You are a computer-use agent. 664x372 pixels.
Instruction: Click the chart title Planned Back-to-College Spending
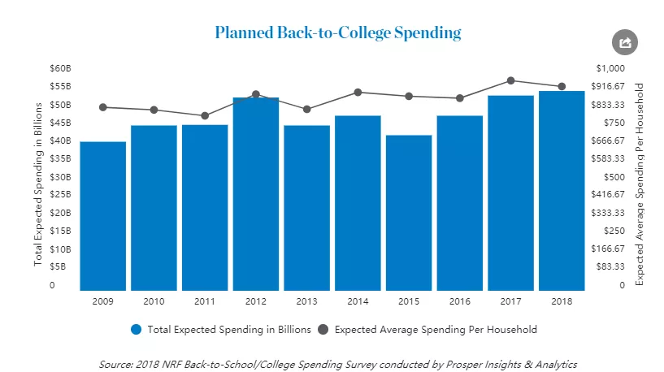[x=337, y=33]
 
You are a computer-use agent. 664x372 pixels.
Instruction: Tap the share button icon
[x=625, y=43]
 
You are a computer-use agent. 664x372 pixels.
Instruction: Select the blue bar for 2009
[x=103, y=215]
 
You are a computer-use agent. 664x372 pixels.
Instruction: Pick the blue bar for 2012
[x=256, y=193]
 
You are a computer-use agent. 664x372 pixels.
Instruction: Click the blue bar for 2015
[x=409, y=212]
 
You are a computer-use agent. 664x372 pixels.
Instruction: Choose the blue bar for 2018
[x=562, y=190]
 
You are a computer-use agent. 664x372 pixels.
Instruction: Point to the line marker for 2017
[x=510, y=80]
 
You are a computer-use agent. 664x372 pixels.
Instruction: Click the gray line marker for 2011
[x=205, y=115]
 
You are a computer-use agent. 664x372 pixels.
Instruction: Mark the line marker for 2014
[x=358, y=92]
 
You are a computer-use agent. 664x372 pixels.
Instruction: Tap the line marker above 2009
[x=103, y=107]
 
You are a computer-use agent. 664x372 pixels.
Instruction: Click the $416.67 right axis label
[x=608, y=194]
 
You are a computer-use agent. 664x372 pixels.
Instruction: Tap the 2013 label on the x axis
[x=306, y=301]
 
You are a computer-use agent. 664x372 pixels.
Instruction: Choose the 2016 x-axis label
[x=459, y=301]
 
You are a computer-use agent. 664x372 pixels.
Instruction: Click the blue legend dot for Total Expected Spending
[x=136, y=330]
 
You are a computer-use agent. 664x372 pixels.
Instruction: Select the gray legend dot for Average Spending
[x=323, y=330]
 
